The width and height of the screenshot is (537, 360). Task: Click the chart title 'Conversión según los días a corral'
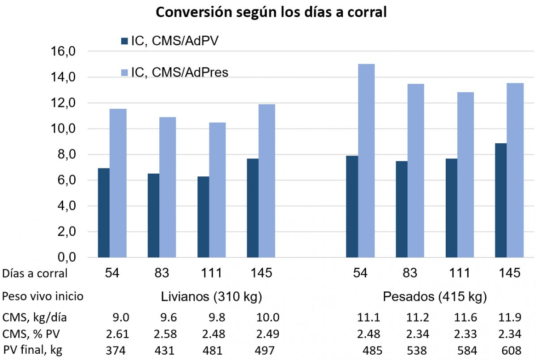pos(271,12)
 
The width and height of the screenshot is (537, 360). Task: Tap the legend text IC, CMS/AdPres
pos(179,72)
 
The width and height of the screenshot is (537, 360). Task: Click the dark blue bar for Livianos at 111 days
pos(203,217)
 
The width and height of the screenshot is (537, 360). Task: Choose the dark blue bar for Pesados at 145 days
pos(500,201)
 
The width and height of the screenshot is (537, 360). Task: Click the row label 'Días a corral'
pos(35,273)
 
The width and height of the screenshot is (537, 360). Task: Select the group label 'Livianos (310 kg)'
pos(211,297)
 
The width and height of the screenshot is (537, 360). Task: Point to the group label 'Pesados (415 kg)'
pos(435,297)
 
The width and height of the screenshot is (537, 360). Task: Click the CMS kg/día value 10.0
pos(268,318)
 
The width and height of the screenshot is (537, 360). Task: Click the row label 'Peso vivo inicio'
pos(43,297)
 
